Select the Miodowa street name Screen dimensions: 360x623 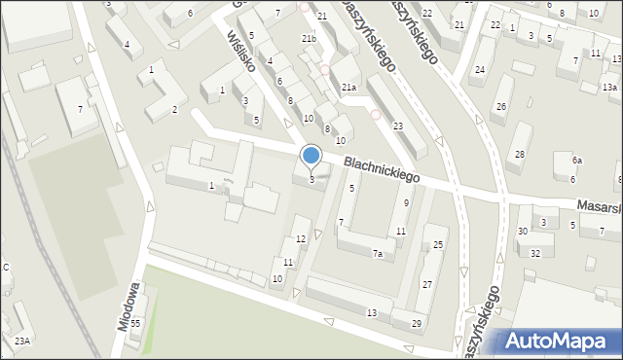(x=130, y=306)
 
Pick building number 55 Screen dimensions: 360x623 (x=136, y=323)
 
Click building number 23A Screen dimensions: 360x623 (x=21, y=341)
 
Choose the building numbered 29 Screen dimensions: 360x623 (x=417, y=323)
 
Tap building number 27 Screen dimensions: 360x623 (x=426, y=284)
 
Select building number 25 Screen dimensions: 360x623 (x=439, y=244)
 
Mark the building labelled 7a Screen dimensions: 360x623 (x=377, y=254)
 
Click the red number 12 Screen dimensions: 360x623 (x=301, y=238)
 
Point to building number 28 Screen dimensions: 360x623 (x=521, y=155)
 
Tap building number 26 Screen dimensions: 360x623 (x=500, y=107)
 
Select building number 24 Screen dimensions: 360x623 (x=479, y=70)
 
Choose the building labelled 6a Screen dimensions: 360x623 (x=576, y=161)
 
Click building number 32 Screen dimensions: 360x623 (x=535, y=253)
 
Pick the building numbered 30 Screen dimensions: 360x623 (x=523, y=231)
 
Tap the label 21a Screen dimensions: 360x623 (x=348, y=88)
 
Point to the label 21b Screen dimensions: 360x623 (x=309, y=38)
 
